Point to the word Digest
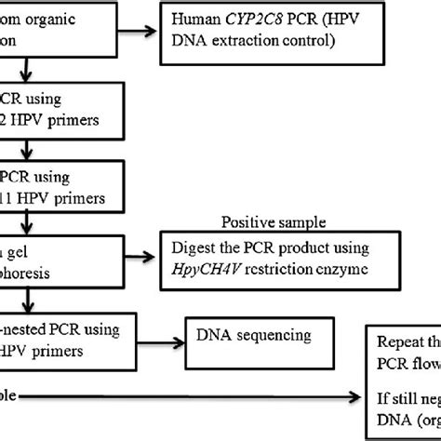pos(196,248)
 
